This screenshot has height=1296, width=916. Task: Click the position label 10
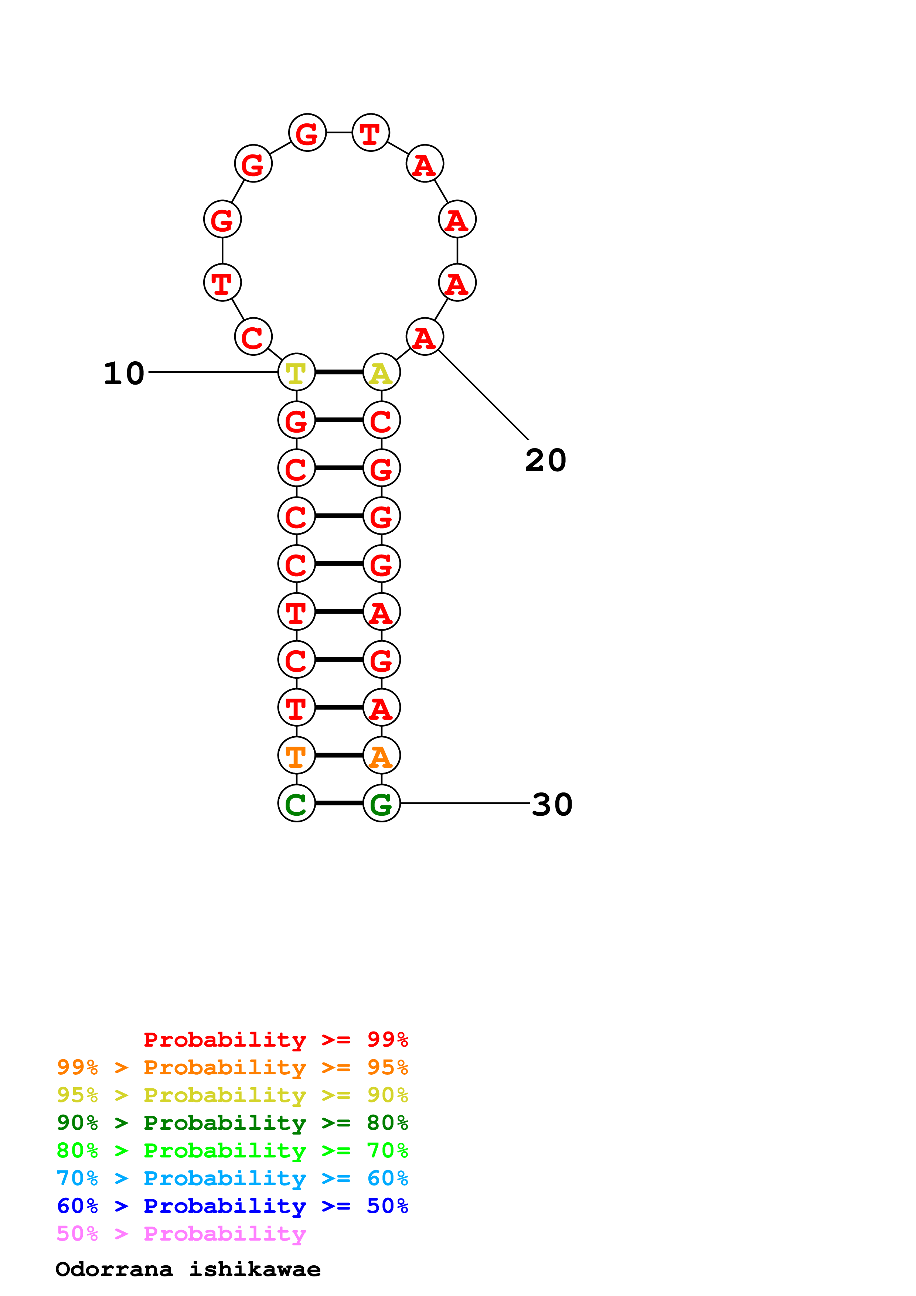click(124, 374)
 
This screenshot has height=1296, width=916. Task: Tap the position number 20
click(545, 461)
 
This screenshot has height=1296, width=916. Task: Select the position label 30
click(552, 804)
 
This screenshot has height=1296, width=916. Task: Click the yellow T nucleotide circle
click(296, 372)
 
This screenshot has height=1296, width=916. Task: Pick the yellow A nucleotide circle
click(382, 372)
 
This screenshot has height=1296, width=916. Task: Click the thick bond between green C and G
click(338, 803)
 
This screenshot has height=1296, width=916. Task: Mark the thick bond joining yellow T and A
click(338, 372)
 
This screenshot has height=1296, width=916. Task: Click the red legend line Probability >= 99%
click(275, 1040)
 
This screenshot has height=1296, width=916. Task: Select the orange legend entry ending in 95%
click(232, 1067)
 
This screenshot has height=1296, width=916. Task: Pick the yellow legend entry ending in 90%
click(232, 1095)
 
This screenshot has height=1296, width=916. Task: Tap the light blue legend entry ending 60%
click(232, 1178)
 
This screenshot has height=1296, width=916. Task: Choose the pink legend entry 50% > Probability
click(181, 1234)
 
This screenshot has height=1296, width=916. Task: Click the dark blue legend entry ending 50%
click(232, 1206)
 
